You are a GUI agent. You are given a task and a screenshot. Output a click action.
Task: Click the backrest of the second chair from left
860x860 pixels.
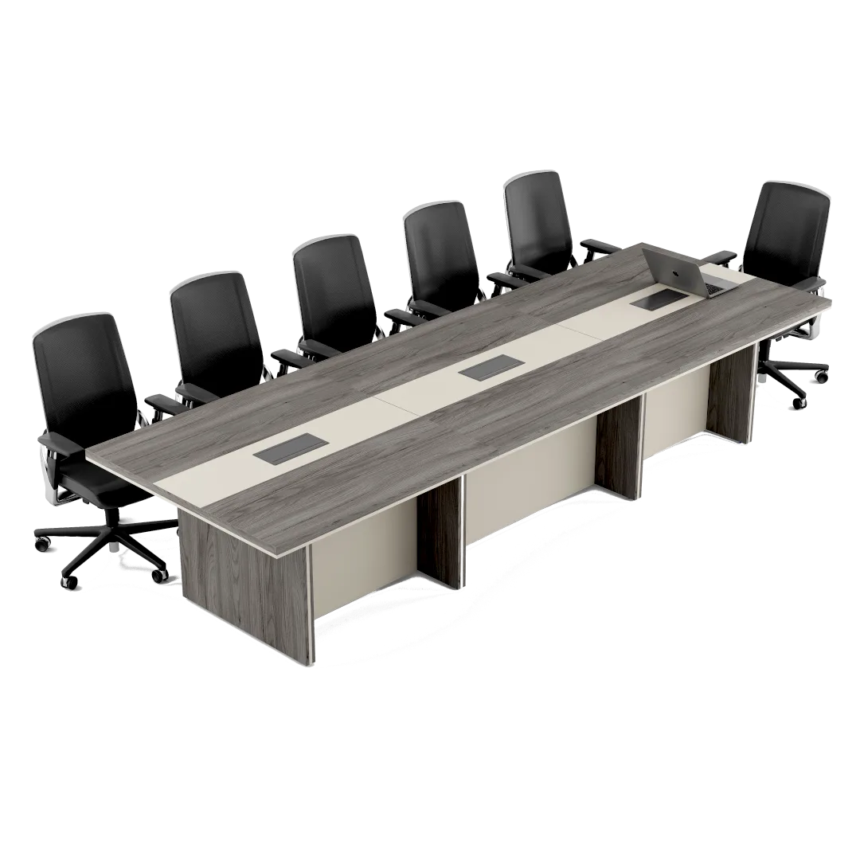pyautogui.click(x=217, y=327)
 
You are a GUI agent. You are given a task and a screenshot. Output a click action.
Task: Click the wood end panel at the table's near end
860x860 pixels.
pyautogui.click(x=244, y=585)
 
